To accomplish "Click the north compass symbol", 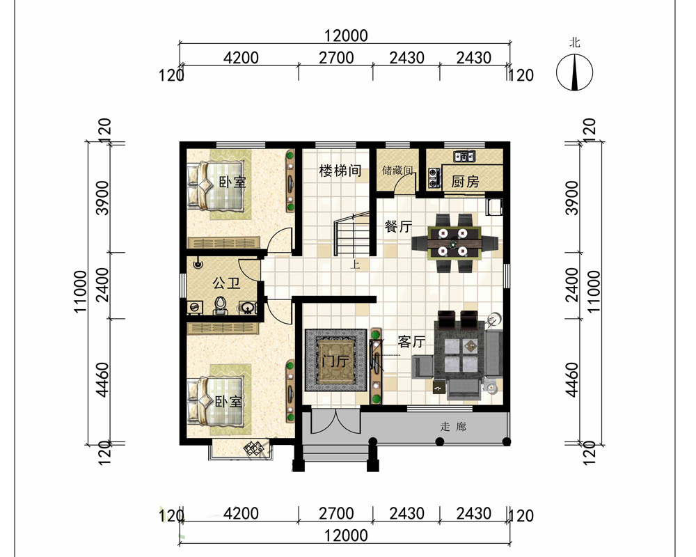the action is coord(574,72).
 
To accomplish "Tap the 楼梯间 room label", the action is coord(340,171).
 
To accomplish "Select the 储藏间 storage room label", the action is coord(397,170).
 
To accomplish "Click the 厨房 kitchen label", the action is coord(465,181).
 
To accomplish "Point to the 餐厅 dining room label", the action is coord(398,226).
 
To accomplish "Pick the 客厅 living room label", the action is coord(411,342).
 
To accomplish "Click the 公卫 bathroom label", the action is coord(226,283).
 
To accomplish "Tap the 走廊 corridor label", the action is coord(453,427).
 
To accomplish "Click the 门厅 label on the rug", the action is coord(335,361).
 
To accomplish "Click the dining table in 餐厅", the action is coord(454,242).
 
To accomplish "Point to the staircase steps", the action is coord(351,235).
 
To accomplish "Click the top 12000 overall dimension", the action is coord(346,36).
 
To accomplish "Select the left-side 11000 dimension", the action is coord(80,291).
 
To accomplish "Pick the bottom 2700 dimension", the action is coord(336,513).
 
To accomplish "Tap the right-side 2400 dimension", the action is coord(573,284).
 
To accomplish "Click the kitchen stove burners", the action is coord(434,176).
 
